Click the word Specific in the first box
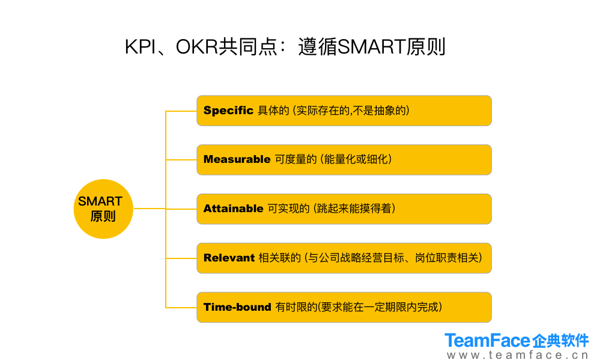(x=228, y=110)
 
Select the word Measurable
(x=237, y=159)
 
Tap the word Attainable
(x=234, y=209)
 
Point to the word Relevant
(x=229, y=258)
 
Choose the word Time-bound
(x=237, y=307)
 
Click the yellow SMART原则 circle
(x=103, y=209)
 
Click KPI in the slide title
(x=140, y=47)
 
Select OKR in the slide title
(x=197, y=47)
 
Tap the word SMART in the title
(x=371, y=47)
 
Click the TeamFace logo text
(x=488, y=340)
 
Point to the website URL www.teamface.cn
(x=518, y=355)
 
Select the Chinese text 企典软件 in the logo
(x=560, y=341)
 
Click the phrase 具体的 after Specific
(x=273, y=110)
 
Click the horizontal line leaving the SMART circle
(x=150, y=209)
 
